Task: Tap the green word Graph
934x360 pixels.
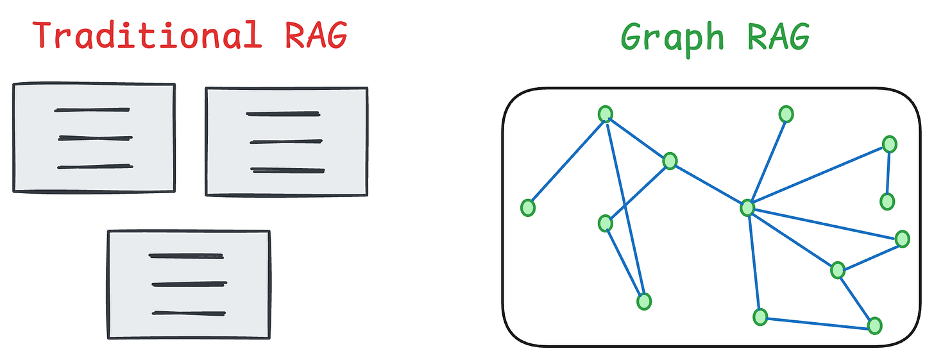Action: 675,39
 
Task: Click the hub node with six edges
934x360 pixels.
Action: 747,208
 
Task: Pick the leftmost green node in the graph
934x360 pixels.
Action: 527,208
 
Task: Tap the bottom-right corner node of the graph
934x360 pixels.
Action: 874,325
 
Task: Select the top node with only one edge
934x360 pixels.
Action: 786,114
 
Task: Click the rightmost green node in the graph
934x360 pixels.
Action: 902,239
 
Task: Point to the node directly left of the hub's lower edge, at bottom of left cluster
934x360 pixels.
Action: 644,301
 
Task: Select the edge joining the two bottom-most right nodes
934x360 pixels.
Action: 817,321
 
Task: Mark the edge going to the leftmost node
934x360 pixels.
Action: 566,161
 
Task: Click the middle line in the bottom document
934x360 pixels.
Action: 189,284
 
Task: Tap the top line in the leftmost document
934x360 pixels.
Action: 92,110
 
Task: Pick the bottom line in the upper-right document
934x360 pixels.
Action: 287,171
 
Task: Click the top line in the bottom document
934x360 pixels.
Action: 186,256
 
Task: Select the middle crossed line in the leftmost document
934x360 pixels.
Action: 95,138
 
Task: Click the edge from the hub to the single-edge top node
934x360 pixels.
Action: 767,161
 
